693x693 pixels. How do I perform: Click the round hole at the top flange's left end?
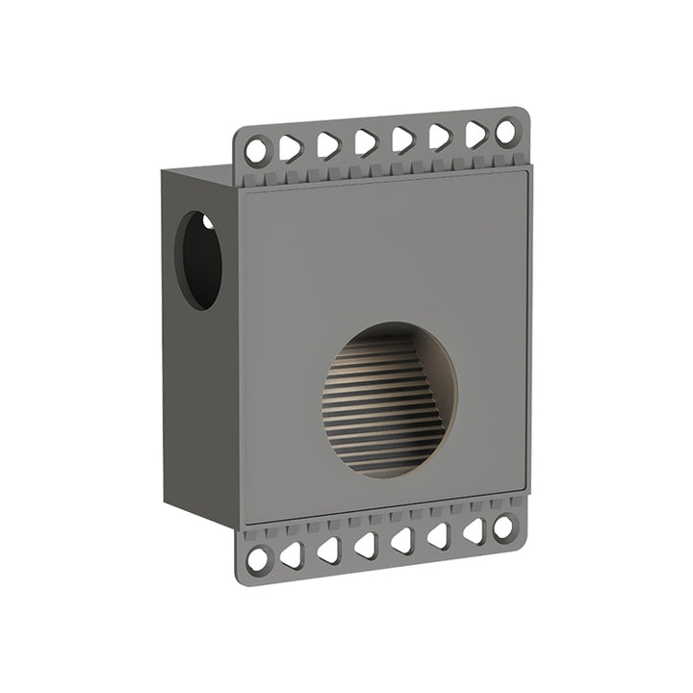click(x=257, y=151)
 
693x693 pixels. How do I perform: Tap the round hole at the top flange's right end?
click(x=505, y=132)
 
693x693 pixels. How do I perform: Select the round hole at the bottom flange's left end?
click(x=258, y=558)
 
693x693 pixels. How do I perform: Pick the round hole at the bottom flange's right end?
click(x=503, y=526)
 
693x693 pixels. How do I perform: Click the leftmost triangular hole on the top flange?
click(x=291, y=148)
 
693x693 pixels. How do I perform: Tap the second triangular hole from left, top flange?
click(x=328, y=145)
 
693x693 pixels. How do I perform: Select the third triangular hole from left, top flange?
click(x=366, y=142)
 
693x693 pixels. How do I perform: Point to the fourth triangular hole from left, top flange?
click(x=402, y=140)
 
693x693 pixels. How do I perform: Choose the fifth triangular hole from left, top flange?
click(x=439, y=137)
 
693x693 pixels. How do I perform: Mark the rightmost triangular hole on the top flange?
click(x=475, y=134)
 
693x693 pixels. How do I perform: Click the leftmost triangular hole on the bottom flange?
click(x=292, y=554)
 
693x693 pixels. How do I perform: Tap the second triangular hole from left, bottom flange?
click(x=328, y=550)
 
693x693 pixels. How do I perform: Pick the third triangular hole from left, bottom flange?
click(x=366, y=545)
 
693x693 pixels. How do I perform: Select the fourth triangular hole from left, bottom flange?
click(x=402, y=540)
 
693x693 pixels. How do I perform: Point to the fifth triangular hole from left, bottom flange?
click(x=439, y=535)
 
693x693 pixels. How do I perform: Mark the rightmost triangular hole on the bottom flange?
click(x=474, y=530)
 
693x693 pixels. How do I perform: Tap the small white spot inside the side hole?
click(x=207, y=223)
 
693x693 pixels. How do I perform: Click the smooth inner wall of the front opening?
click(x=438, y=371)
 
